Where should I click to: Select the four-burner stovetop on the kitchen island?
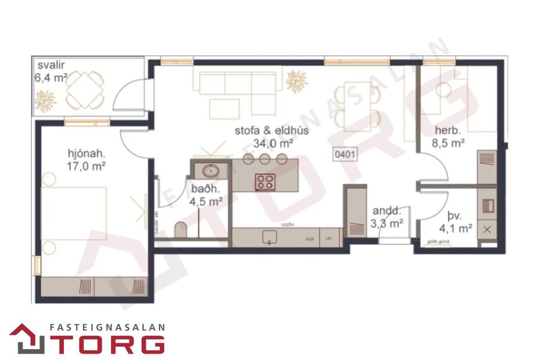point(265,182)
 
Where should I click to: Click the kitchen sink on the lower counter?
point(269,236)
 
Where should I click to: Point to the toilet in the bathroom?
point(181,230)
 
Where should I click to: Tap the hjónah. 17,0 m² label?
point(85,160)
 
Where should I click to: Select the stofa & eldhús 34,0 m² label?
point(271,136)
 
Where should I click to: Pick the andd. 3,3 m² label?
point(388,216)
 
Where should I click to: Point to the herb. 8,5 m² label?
point(448,136)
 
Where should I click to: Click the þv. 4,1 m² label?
point(457,223)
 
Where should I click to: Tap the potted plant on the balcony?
point(45,101)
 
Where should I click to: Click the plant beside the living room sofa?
point(297,81)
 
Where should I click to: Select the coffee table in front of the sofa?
point(224,108)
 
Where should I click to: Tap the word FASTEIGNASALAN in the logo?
point(106,327)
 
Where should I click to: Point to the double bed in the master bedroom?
point(74,213)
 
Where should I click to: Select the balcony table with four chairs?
point(85,89)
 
